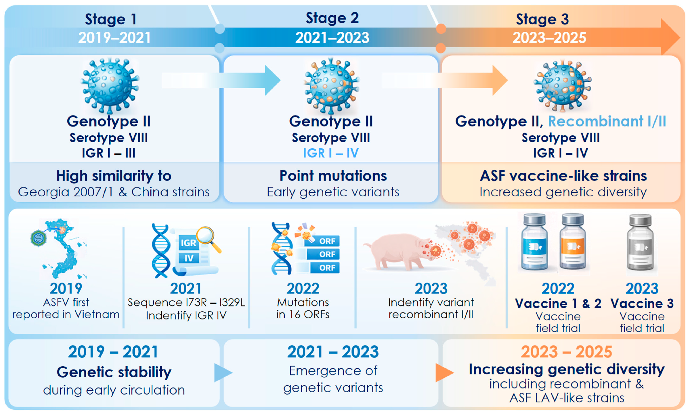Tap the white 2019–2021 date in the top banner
tap(114, 38)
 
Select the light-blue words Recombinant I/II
tap(607, 121)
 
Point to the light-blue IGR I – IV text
tap(331, 153)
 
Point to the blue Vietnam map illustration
tap(64, 249)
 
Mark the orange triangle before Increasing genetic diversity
tap(444, 373)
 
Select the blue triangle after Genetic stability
tap(222, 373)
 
